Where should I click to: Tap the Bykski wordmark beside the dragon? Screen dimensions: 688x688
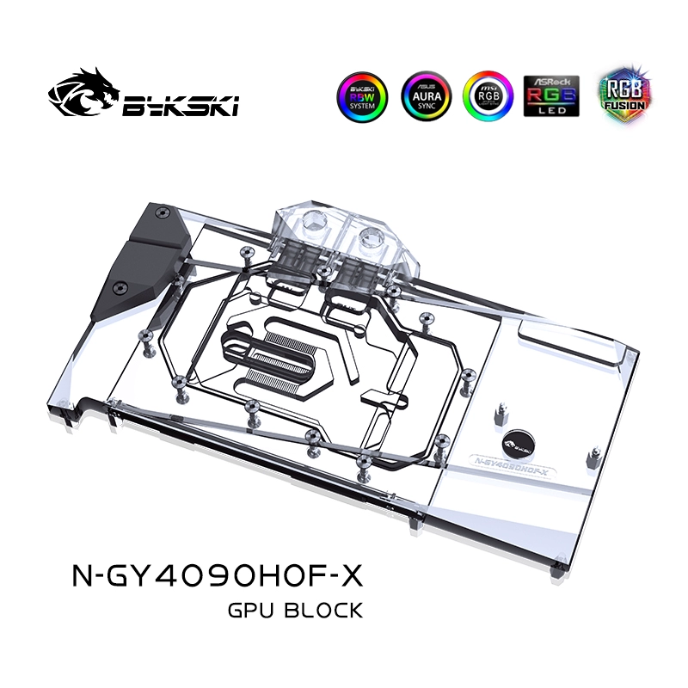coord(181,107)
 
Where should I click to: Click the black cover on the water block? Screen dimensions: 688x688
coord(157,258)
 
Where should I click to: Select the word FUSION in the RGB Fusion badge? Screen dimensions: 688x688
coord(620,107)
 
